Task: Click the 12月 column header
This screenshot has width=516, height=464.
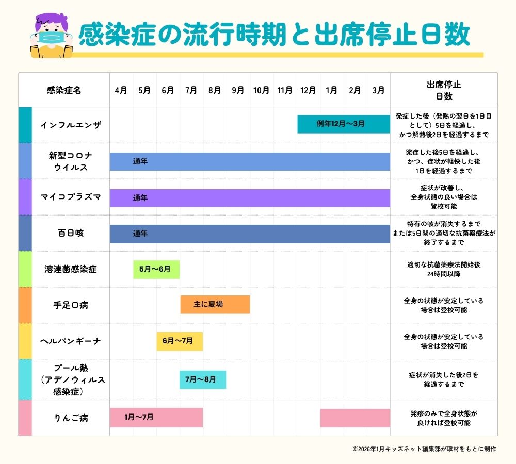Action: coord(308,90)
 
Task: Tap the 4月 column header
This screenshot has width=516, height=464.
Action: coord(121,90)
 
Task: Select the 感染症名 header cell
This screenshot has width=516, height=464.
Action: coord(64,90)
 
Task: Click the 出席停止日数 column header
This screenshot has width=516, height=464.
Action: coord(444,90)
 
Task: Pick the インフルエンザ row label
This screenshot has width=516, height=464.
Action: coord(71,125)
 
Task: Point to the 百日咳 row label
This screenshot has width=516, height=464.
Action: coord(71,233)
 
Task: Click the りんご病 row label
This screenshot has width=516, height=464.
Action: coord(71,418)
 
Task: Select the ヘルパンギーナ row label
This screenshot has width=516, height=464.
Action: coord(71,341)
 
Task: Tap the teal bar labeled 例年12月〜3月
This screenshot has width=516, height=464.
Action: coord(343,124)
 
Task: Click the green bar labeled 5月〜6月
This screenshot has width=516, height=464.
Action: coord(156,269)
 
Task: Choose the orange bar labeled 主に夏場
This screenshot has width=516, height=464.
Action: coord(215,305)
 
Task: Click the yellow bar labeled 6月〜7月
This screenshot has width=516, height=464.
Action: coord(179,341)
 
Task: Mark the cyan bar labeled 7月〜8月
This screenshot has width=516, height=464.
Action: coord(202,379)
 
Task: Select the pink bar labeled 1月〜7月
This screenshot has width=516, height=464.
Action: coord(156,418)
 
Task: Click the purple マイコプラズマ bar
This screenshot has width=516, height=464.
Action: coord(250,198)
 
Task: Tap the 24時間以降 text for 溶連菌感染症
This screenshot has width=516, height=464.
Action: coord(444,274)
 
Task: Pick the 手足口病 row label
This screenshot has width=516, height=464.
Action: coord(71,305)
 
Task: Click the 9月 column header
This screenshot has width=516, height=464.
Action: coord(238,90)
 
